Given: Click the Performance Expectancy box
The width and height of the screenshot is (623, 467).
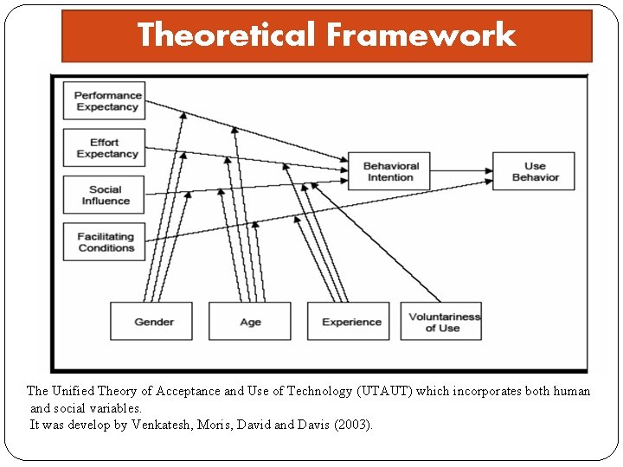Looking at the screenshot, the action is pyautogui.click(x=104, y=101).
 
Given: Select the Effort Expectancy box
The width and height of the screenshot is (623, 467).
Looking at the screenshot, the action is pyautogui.click(x=104, y=148).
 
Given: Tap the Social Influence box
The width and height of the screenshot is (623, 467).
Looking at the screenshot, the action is pyautogui.click(x=104, y=195).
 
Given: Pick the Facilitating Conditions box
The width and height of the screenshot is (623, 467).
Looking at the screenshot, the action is pyautogui.click(x=104, y=242).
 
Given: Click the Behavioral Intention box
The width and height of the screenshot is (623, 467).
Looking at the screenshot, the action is pyautogui.click(x=390, y=171).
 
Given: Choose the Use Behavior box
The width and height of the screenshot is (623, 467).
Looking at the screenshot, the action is pyautogui.click(x=534, y=171).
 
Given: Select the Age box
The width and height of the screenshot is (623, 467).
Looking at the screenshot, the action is pyautogui.click(x=250, y=322).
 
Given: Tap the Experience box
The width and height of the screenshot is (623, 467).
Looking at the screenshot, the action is pyautogui.click(x=350, y=322).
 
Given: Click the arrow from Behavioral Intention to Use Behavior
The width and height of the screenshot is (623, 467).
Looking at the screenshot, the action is pyautogui.click(x=463, y=171).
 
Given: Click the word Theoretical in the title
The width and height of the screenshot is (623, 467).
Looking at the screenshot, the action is pyautogui.click(x=228, y=35).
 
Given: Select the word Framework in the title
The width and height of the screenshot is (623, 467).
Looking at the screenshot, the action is pyautogui.click(x=421, y=35).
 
